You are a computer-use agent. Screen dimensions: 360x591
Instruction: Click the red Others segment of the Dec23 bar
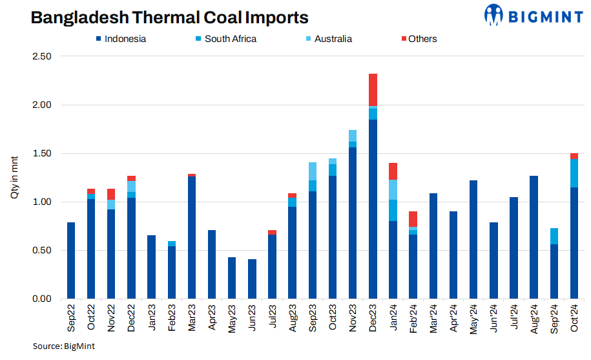(373, 90)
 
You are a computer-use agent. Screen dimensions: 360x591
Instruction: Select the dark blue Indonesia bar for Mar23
(192, 237)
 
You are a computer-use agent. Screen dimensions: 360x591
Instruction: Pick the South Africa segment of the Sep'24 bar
(554, 236)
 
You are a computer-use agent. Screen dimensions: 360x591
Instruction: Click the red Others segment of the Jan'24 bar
(393, 171)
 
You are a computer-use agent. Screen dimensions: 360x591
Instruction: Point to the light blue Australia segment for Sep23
(313, 171)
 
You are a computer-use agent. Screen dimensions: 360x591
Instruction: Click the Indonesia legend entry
(122, 39)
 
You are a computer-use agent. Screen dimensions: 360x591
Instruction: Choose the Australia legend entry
(329, 39)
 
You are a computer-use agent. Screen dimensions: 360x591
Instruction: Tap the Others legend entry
(417, 39)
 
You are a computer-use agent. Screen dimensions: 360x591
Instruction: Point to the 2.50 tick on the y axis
(41, 56)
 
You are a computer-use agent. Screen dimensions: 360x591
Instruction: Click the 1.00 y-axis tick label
(41, 202)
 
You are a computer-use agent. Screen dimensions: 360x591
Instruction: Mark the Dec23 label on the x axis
(373, 318)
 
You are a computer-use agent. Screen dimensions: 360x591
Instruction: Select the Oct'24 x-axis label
(574, 318)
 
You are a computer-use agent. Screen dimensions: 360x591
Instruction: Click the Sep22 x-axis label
(71, 318)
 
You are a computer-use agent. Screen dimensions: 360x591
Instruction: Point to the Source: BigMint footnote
(64, 346)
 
